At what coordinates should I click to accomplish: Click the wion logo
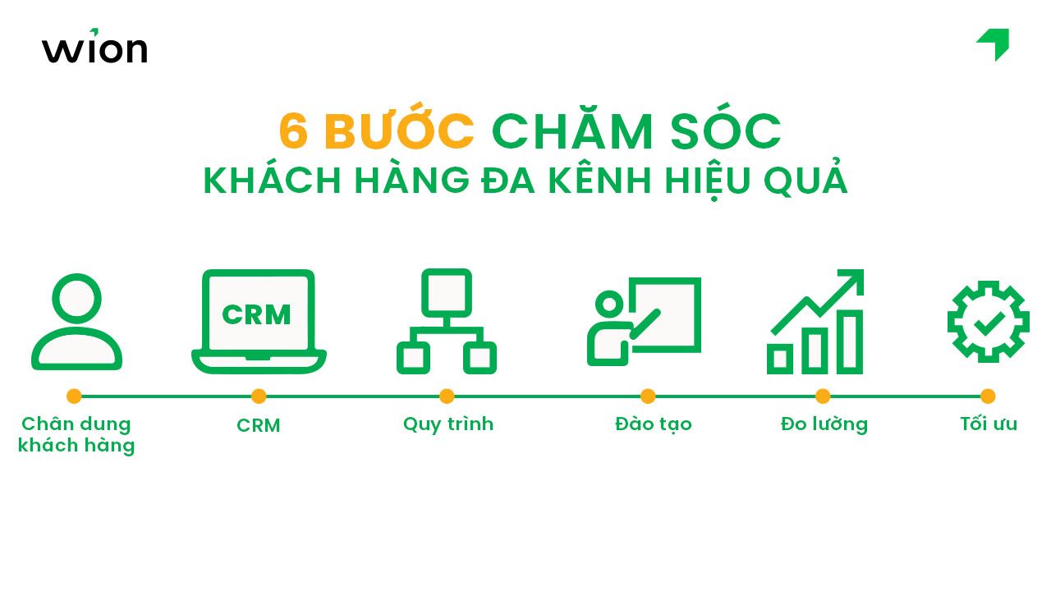coord(94,48)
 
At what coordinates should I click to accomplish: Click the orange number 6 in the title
coord(293,132)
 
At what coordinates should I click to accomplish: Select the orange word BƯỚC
coord(399,131)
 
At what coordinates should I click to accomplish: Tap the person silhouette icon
coord(76,322)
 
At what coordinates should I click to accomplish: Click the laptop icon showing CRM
coord(259,321)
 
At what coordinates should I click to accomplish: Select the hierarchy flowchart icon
coord(446,321)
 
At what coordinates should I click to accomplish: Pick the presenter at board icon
coord(645,321)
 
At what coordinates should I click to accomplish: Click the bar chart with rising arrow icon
coord(816,321)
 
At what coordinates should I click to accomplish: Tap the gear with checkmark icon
coord(988,322)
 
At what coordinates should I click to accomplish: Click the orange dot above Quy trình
coord(447,396)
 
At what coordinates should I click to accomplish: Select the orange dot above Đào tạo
coord(648,396)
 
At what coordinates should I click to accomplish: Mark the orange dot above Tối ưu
coord(988,396)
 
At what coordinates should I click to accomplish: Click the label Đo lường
coord(824,424)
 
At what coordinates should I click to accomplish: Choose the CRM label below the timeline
coord(259,426)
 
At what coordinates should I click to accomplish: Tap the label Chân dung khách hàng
coord(76,435)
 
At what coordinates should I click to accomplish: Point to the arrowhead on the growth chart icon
coord(854,278)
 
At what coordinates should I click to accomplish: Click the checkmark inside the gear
coord(988,323)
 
